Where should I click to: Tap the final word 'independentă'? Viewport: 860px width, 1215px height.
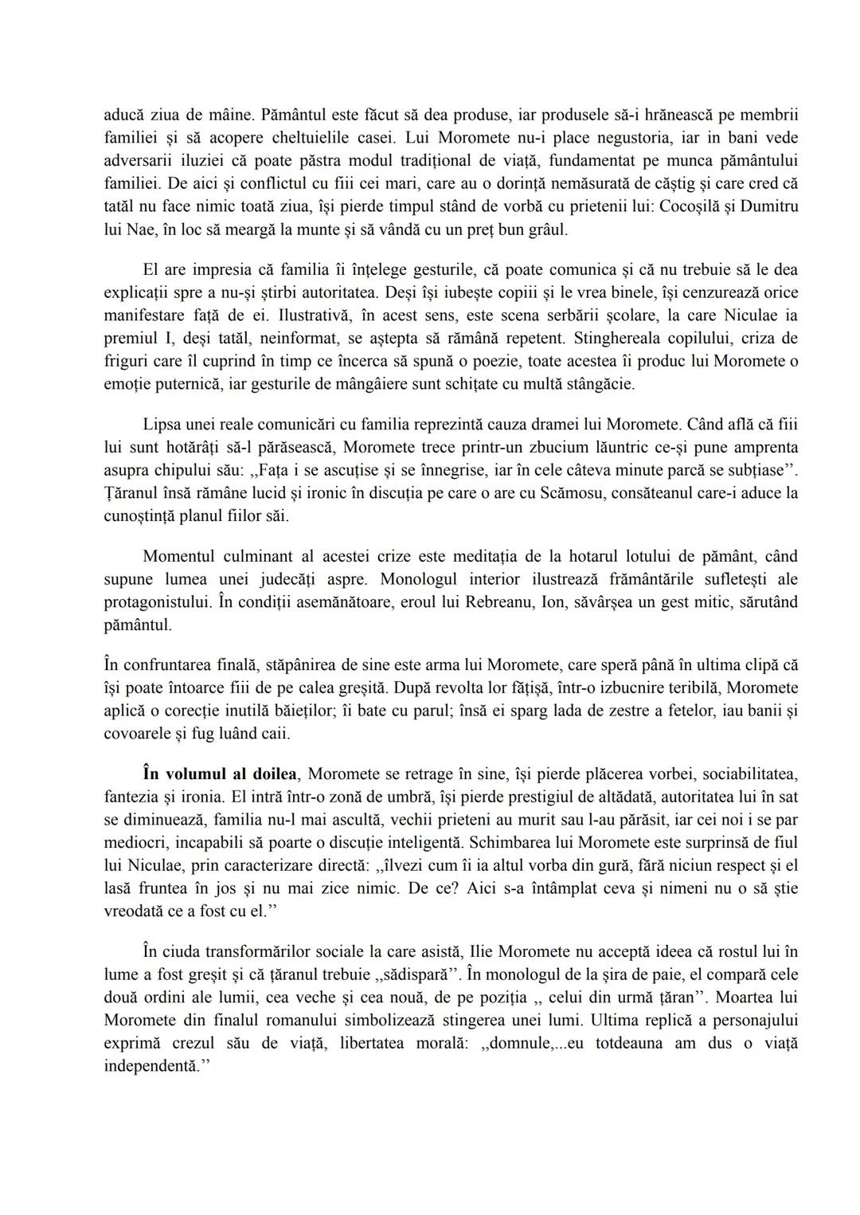click(149, 1066)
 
